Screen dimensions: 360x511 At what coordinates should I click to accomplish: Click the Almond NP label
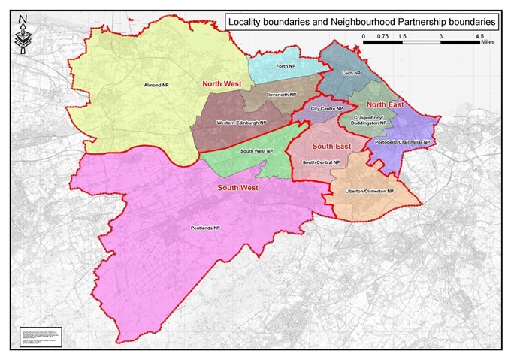click(x=155, y=86)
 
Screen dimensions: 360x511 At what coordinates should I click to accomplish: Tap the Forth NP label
click(x=284, y=67)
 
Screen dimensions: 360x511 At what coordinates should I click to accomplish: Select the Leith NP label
click(x=352, y=73)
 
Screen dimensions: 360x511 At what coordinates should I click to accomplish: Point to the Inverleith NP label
click(x=283, y=95)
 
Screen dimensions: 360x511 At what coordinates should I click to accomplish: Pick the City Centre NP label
click(x=327, y=109)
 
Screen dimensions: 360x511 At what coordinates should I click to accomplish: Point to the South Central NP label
click(x=322, y=162)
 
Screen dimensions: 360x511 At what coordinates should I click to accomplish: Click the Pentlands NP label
click(x=205, y=228)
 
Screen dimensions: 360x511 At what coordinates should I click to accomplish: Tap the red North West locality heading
click(x=221, y=85)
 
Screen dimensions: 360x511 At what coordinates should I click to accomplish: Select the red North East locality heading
click(x=386, y=104)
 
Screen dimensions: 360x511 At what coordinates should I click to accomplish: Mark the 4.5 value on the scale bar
click(x=479, y=35)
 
